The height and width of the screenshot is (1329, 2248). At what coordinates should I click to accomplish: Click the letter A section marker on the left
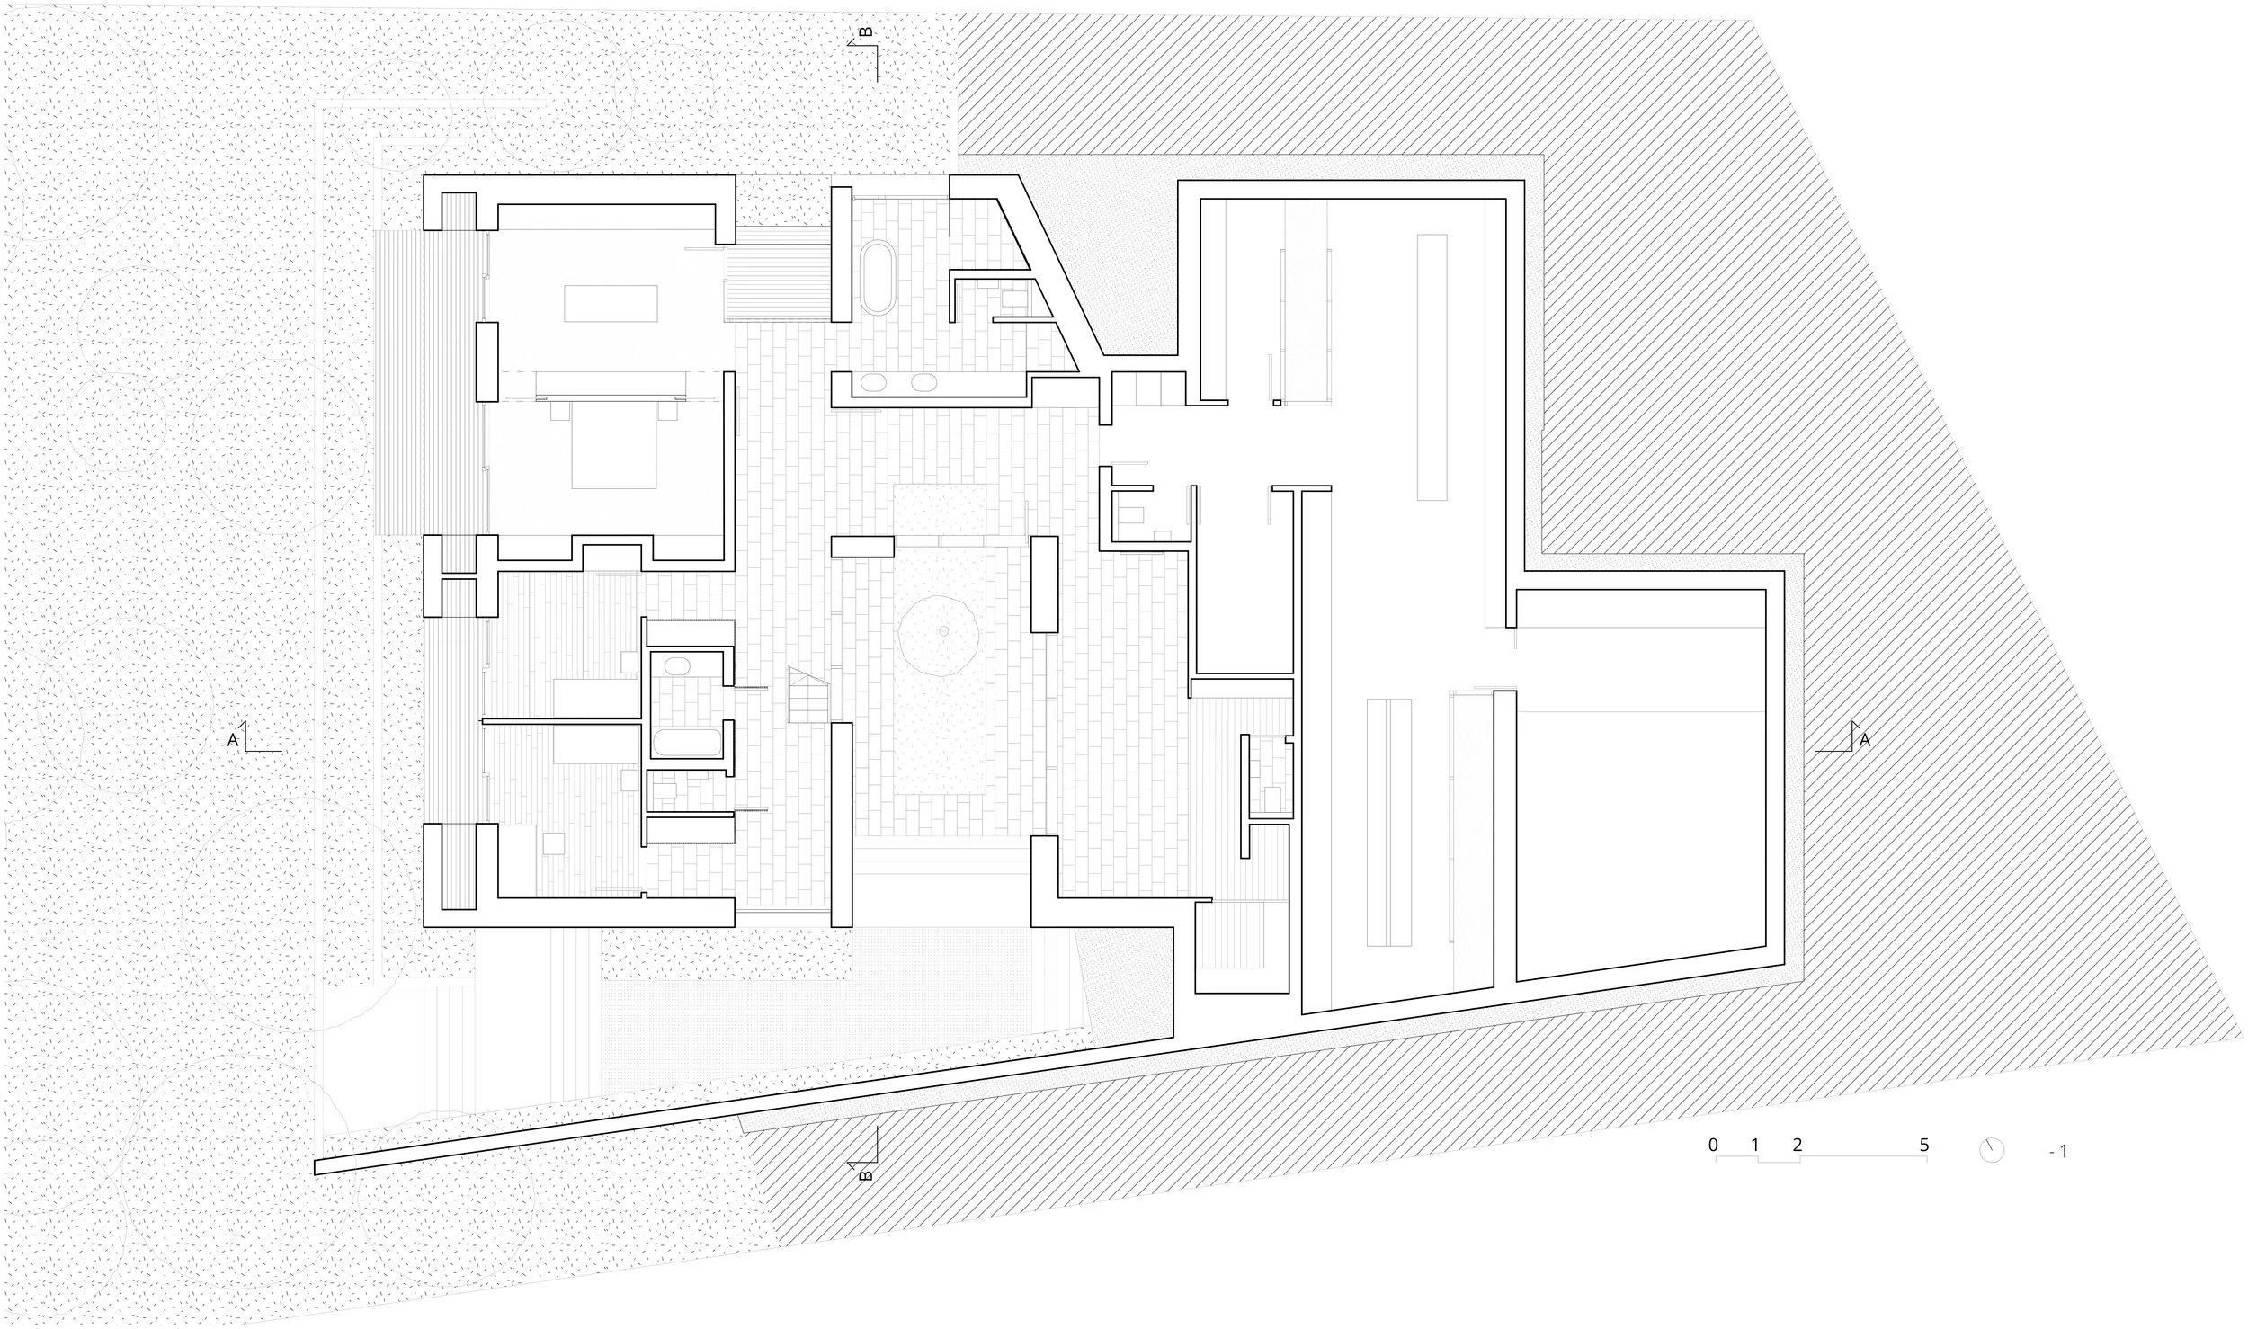click(x=234, y=740)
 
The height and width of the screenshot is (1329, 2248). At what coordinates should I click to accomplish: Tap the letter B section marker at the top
click(x=866, y=33)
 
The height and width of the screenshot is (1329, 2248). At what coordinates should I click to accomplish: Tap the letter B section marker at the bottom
click(x=866, y=1173)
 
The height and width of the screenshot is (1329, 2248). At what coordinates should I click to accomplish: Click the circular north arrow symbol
click(x=1993, y=1174)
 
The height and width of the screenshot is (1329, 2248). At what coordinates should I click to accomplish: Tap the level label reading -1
click(x=2058, y=1176)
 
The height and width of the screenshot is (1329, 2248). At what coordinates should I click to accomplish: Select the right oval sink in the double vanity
click(x=923, y=382)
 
